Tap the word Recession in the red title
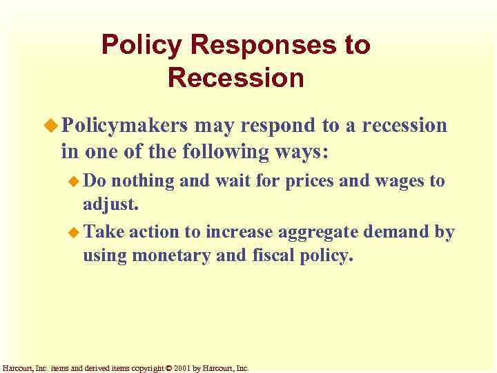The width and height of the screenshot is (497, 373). coord(235,77)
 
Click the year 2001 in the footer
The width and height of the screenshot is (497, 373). coord(179,368)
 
